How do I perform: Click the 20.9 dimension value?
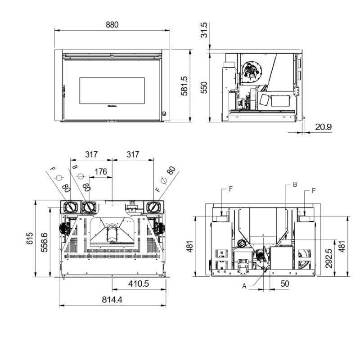coord(323,127)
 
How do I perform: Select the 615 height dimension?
coord(30,238)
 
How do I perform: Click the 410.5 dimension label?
coord(138,284)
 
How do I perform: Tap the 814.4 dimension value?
coord(112,300)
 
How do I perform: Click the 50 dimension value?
coord(284,284)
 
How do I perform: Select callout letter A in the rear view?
coord(244,285)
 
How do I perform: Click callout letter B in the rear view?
coord(295,184)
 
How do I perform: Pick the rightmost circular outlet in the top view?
coord(154,207)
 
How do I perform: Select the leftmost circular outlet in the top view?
coord(71,207)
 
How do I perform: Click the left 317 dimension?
coord(91,154)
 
